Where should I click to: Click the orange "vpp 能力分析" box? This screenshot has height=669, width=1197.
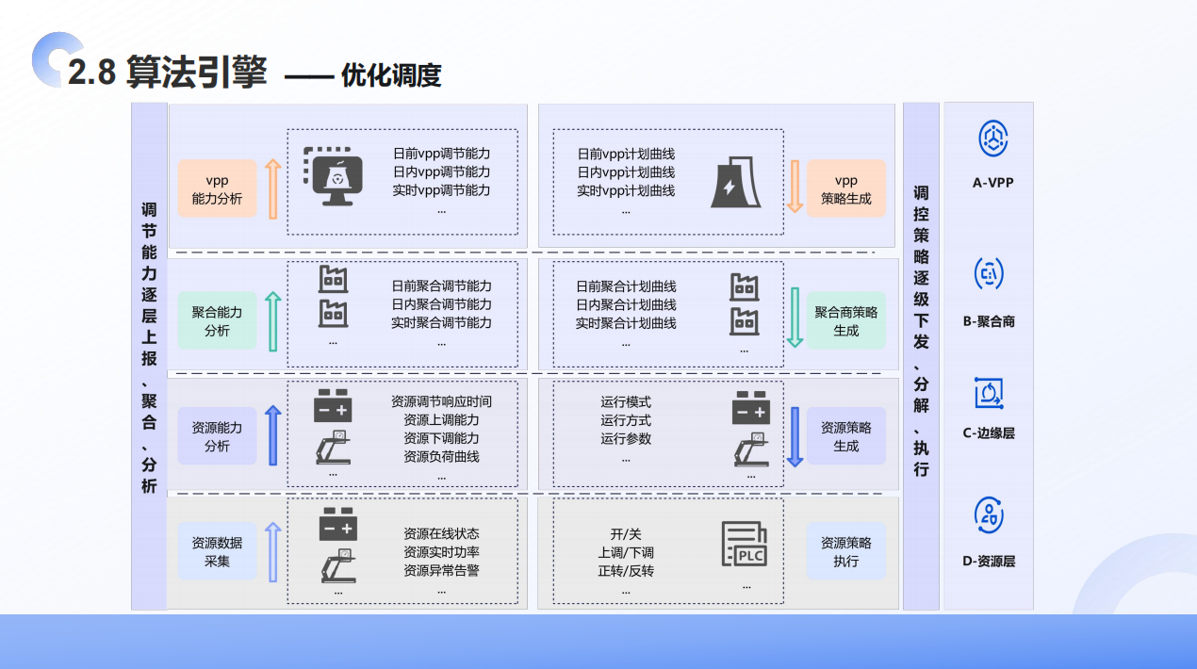click(x=217, y=188)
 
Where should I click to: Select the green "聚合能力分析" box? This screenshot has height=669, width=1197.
click(x=217, y=321)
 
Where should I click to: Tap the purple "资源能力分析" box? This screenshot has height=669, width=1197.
click(x=217, y=436)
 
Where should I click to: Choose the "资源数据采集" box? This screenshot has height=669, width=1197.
click(x=217, y=551)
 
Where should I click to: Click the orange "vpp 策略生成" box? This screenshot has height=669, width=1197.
click(x=845, y=188)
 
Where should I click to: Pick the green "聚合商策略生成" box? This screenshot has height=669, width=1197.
click(x=845, y=321)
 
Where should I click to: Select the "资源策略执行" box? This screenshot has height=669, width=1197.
click(x=845, y=551)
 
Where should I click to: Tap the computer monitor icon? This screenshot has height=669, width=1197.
click(x=339, y=177)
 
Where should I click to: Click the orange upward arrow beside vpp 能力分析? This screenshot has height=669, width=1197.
click(x=272, y=188)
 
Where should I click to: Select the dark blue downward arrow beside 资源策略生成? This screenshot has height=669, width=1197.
click(x=795, y=436)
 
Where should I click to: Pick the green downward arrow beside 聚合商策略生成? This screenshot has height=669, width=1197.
click(x=795, y=318)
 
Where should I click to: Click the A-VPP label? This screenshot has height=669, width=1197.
click(x=992, y=182)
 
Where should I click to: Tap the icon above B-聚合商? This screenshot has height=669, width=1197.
click(x=989, y=274)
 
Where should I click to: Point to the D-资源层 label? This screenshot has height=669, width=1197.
click(x=989, y=561)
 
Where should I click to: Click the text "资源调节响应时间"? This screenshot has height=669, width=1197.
click(x=441, y=401)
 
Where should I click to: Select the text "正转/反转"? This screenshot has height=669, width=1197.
click(x=626, y=571)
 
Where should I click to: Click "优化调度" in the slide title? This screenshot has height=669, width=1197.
click(x=391, y=75)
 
